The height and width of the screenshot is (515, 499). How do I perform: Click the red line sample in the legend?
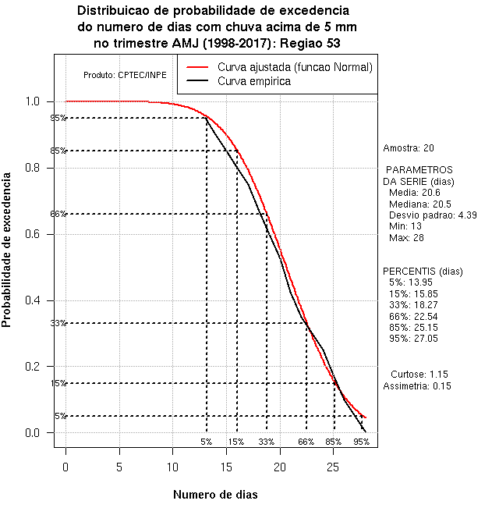(197, 67)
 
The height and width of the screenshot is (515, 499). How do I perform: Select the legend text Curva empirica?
(254, 81)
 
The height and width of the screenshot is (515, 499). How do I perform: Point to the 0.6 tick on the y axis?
(51, 235)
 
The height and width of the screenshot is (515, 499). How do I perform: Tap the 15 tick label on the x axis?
(226, 467)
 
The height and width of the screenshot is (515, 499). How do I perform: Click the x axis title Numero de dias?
(215, 494)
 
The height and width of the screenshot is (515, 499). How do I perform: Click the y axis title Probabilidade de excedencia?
(6, 250)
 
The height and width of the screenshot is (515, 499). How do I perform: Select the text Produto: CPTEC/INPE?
(125, 75)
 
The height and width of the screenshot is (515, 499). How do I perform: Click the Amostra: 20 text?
(409, 148)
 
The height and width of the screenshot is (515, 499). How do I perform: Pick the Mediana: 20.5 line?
(420, 204)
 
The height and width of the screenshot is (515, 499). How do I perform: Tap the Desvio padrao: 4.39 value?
(433, 215)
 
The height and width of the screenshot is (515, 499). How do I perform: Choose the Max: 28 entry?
(406, 238)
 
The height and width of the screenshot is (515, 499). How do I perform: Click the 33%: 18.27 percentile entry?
(413, 305)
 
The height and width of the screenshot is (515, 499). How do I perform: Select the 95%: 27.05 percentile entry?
(413, 339)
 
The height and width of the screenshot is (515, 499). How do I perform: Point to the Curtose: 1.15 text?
(419, 375)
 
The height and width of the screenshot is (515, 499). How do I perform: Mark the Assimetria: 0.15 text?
(417, 386)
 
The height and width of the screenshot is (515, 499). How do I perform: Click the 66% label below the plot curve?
(306, 442)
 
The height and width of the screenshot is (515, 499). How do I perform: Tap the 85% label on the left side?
(58, 151)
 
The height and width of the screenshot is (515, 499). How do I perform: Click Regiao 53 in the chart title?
(310, 44)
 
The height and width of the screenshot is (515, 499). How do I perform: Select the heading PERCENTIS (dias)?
(423, 272)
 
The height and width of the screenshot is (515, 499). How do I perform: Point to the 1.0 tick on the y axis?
(51, 101)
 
